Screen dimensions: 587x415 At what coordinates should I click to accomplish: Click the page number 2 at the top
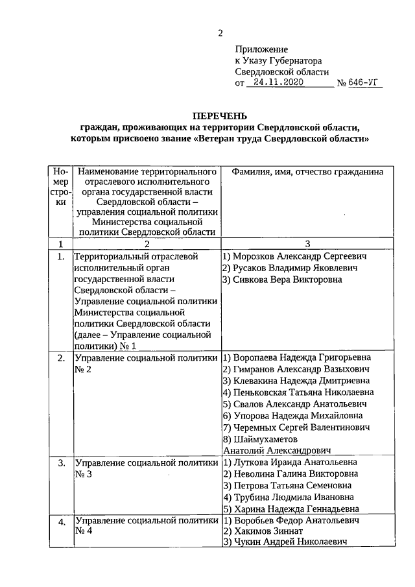(220, 34)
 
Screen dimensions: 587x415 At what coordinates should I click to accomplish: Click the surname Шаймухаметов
(263, 439)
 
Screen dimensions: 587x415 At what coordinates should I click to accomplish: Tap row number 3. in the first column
(61, 464)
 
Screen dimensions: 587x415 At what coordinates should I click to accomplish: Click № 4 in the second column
(84, 532)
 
